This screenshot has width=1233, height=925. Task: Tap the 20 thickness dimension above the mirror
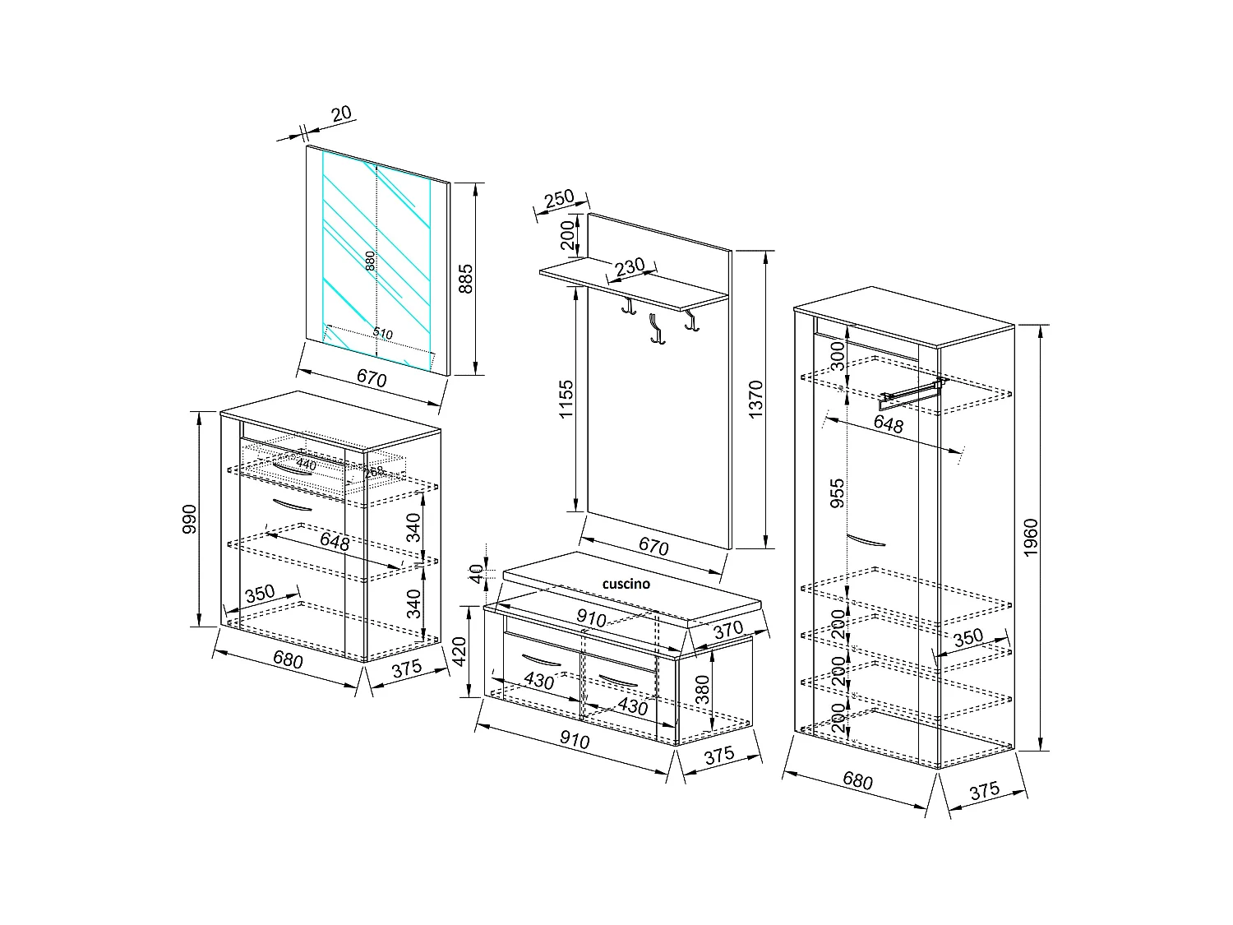[x=341, y=113]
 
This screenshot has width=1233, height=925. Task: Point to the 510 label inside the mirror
[x=382, y=334]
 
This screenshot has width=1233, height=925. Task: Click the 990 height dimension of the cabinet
[x=189, y=519]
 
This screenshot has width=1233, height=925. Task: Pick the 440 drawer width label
[x=306, y=465]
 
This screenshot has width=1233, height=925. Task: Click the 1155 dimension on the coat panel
[x=566, y=400]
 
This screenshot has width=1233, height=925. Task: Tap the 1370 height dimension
[x=756, y=399]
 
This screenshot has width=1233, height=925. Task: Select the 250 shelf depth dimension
[x=559, y=198]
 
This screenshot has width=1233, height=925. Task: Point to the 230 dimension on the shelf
[x=630, y=266]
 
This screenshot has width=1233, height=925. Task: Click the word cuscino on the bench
[x=626, y=584]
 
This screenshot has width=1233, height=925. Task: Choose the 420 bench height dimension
[x=459, y=651]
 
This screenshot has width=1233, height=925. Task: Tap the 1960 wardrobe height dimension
[x=1032, y=537]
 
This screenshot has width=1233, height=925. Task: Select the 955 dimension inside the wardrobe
[x=837, y=494]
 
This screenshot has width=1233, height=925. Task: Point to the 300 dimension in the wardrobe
[x=837, y=356]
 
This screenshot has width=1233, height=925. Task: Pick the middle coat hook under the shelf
[x=655, y=329]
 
